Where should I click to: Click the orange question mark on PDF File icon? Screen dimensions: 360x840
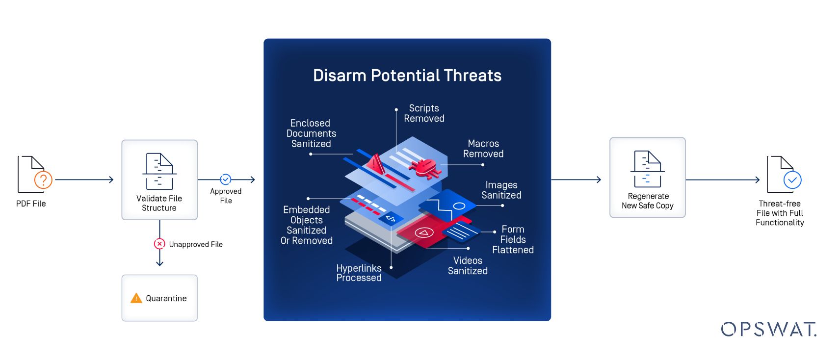pyautogui.click(x=43, y=180)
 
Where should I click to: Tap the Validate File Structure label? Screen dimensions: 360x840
pyautogui.click(x=159, y=203)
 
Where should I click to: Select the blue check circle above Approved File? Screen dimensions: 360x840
pyautogui.click(x=226, y=179)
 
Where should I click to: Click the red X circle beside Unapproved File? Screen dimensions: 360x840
pyautogui.click(x=159, y=244)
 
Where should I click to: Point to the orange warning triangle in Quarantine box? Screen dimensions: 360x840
pyautogui.click(x=136, y=298)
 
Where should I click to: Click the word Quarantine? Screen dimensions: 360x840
pyautogui.click(x=166, y=298)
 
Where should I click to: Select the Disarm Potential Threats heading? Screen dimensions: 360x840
pyautogui.click(x=407, y=76)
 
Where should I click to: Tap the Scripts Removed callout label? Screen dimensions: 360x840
pyautogui.click(x=424, y=113)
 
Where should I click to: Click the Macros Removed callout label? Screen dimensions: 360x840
pyautogui.click(x=483, y=149)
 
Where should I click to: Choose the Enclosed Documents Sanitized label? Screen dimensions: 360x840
pyautogui.click(x=311, y=133)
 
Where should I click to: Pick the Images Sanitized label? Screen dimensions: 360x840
pyautogui.click(x=501, y=190)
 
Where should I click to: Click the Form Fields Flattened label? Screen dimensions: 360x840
pyautogui.click(x=513, y=239)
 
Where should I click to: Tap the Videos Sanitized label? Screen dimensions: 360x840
pyautogui.click(x=468, y=265)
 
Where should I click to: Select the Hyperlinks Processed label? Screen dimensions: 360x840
pyautogui.click(x=359, y=273)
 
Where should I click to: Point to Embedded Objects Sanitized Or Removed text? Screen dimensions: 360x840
pyautogui.click(x=307, y=225)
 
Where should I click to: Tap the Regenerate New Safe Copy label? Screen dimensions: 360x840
pyautogui.click(x=648, y=201)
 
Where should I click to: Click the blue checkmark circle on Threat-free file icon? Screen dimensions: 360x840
pyautogui.click(x=792, y=180)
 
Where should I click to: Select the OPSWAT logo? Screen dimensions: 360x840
pyautogui.click(x=768, y=329)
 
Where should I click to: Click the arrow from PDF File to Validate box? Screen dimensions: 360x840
pyautogui.click(x=84, y=180)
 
